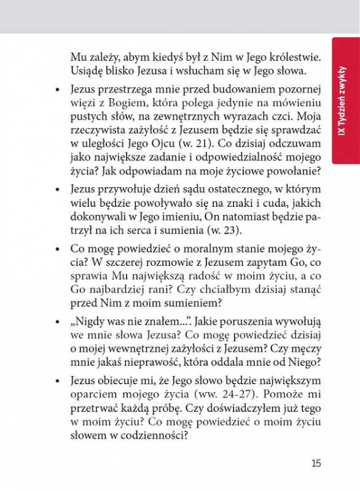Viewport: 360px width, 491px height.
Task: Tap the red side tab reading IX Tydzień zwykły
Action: coord(345,101)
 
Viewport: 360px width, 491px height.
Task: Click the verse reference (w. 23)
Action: coord(224,231)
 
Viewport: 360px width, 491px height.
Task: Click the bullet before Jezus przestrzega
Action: coord(57,90)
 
